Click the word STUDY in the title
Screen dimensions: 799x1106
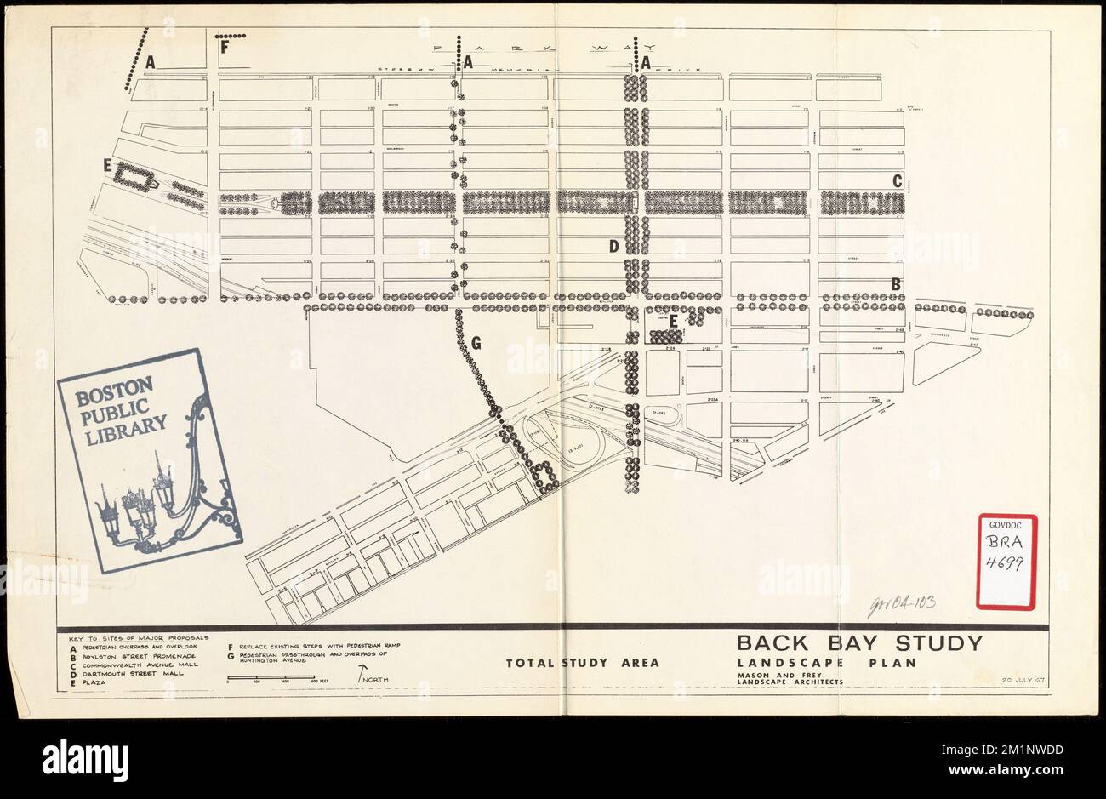tap(933, 643)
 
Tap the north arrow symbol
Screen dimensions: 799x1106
tap(364, 676)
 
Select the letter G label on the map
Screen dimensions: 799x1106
tap(476, 343)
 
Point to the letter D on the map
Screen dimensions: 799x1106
tap(612, 247)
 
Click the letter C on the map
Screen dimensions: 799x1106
tap(896, 180)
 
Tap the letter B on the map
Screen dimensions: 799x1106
tap(895, 283)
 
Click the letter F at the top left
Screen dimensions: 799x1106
tap(225, 48)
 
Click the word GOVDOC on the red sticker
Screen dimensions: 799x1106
tap(1006, 525)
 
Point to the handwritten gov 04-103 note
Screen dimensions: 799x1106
tap(901, 603)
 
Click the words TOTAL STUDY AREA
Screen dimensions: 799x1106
tap(582, 663)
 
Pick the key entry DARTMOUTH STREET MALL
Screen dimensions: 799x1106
tap(130, 673)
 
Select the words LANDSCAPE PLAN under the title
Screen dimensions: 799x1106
tap(825, 662)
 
